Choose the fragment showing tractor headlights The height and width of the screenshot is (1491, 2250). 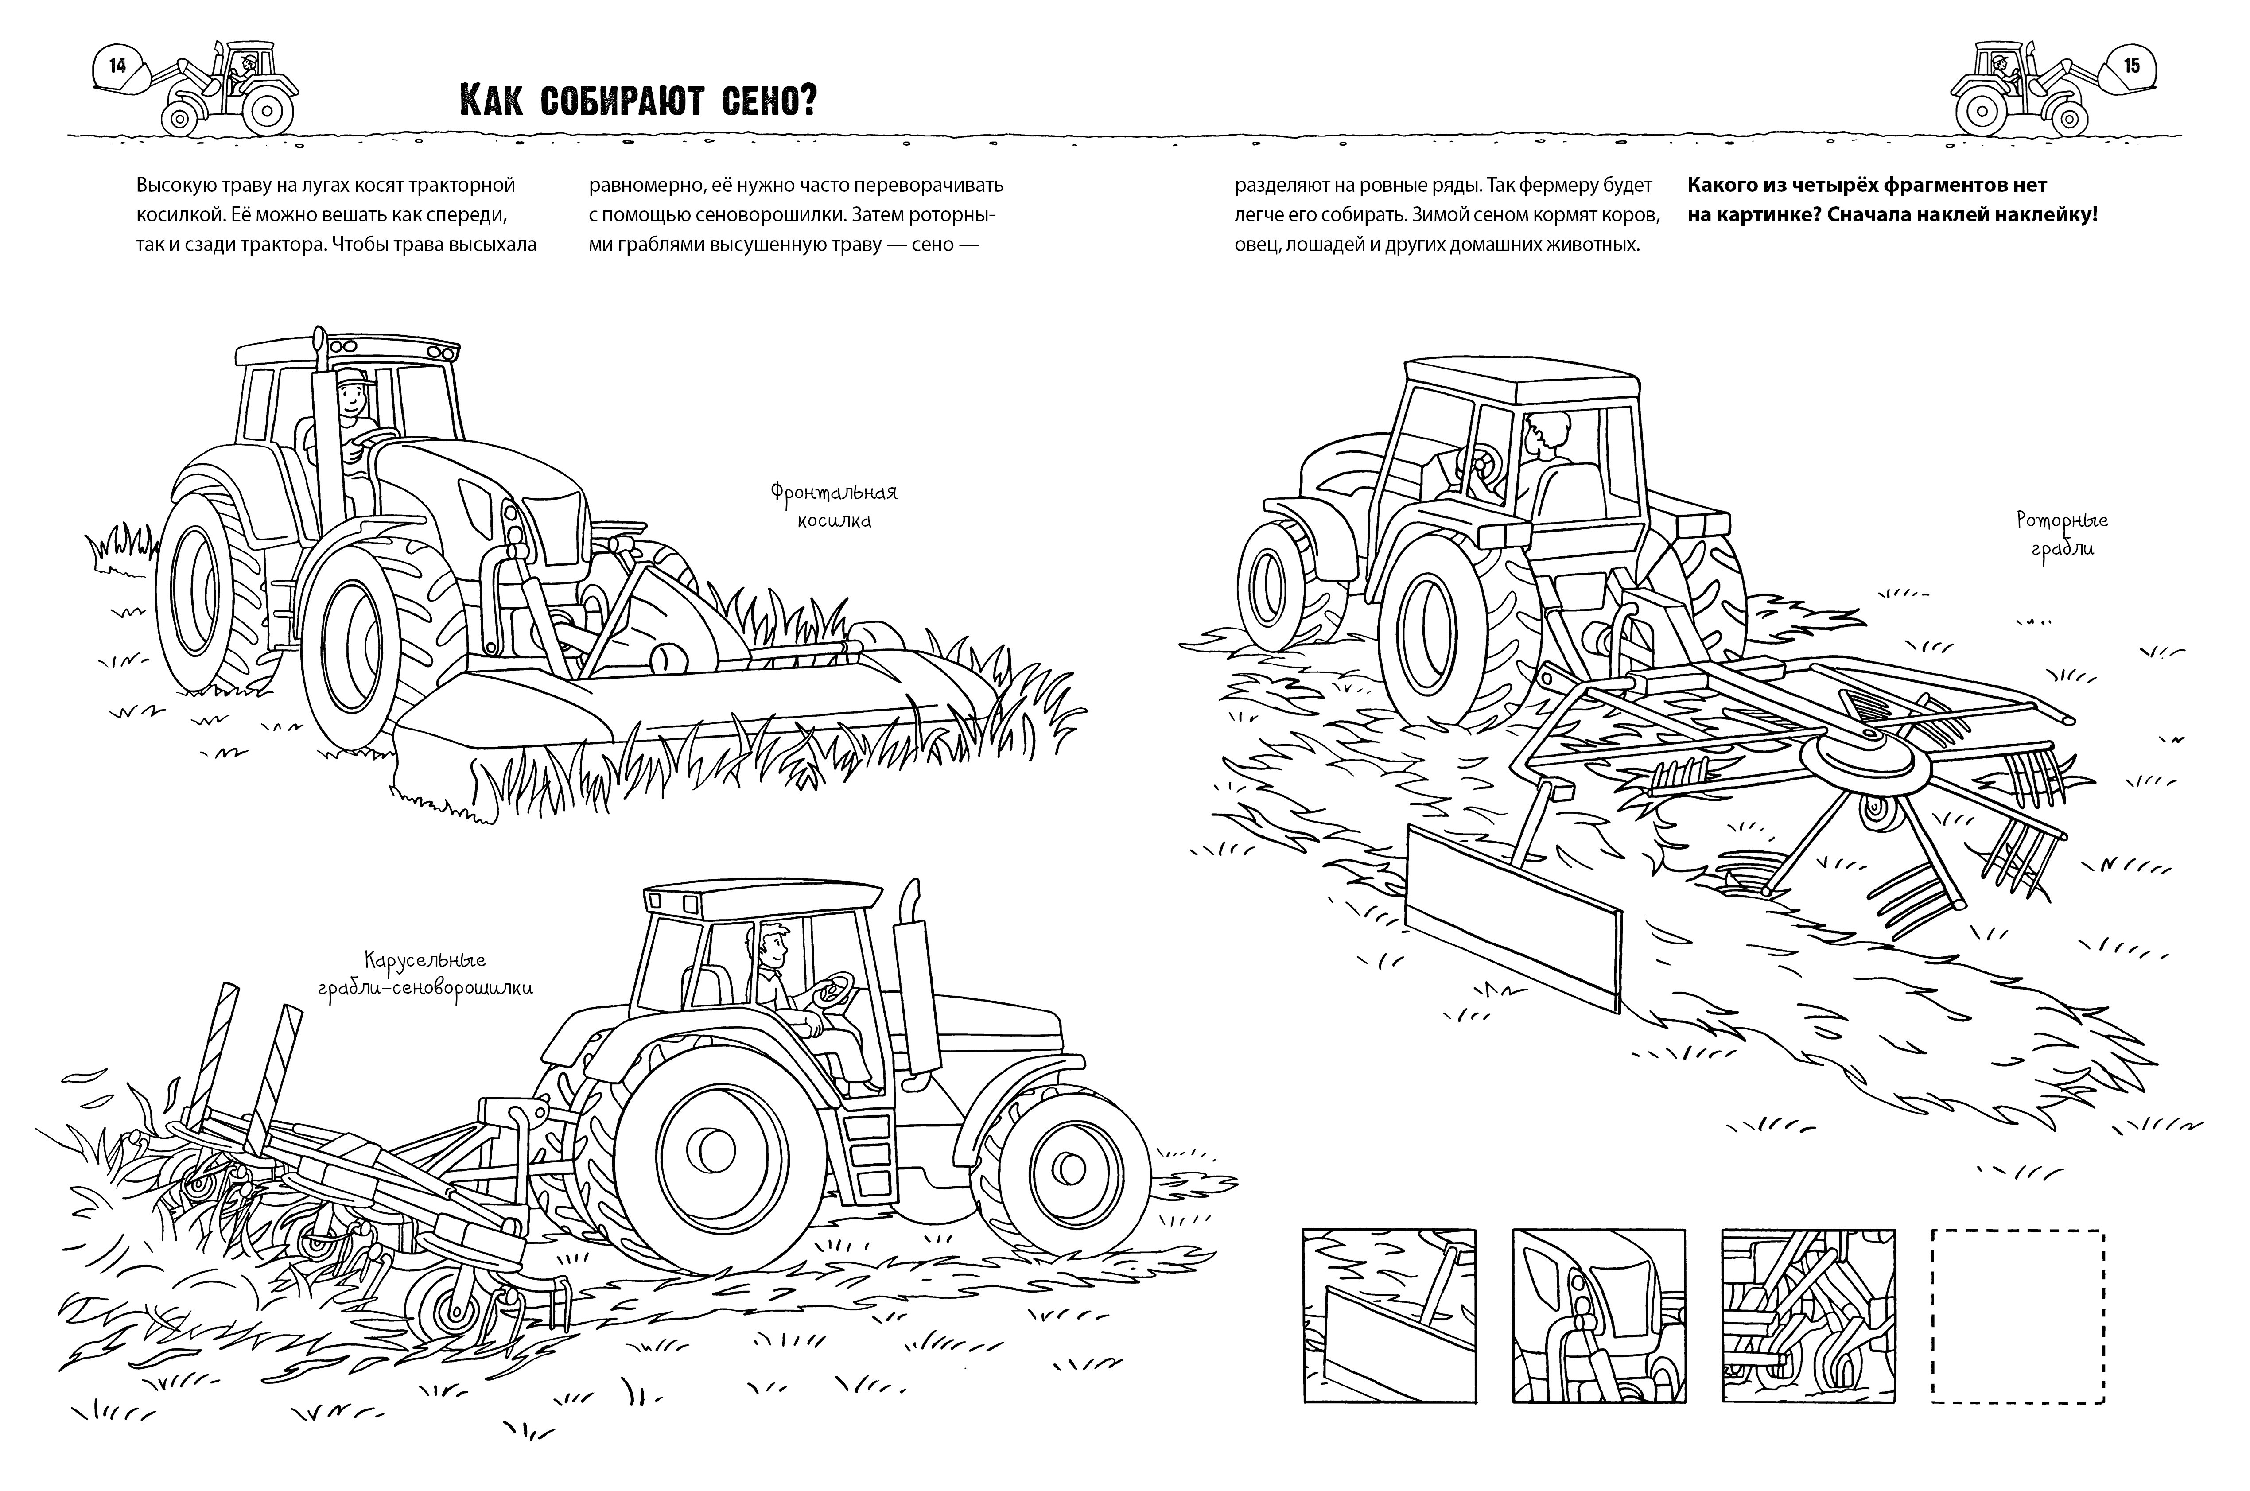pyautogui.click(x=1597, y=1315)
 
